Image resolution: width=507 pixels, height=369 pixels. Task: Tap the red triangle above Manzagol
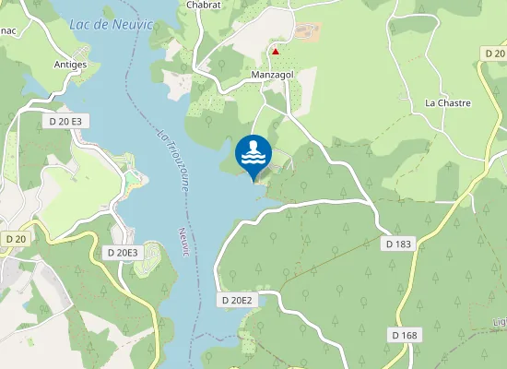tap(275, 52)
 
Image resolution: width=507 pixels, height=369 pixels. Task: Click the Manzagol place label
tap(271, 73)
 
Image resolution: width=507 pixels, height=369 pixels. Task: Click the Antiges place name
tap(70, 65)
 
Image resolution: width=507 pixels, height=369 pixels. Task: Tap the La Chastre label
tap(447, 103)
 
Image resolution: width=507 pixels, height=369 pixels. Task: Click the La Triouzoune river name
tap(171, 161)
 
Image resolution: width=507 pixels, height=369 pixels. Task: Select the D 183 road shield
tap(397, 244)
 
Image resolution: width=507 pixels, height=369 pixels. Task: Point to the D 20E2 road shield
tap(237, 300)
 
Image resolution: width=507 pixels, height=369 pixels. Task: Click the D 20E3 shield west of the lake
tap(123, 253)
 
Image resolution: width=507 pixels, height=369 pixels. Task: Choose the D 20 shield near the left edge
tap(14, 238)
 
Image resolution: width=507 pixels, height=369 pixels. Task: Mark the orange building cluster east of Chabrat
tap(307, 32)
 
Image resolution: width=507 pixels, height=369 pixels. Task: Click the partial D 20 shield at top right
tap(496, 54)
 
